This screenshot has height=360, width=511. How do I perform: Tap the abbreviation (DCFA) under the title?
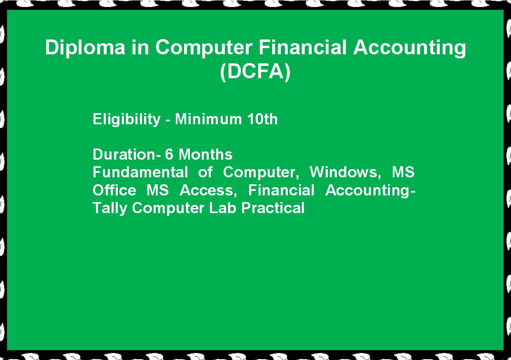[255, 72]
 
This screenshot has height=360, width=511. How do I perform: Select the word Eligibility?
[126, 119]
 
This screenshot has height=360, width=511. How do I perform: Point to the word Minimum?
[208, 119]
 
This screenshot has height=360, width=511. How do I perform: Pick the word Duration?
[124, 154]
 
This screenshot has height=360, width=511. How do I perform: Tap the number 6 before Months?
[169, 154]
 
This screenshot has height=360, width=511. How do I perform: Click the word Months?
[205, 154]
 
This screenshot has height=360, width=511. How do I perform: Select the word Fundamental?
[140, 172]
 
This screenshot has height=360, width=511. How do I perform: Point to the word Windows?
[345, 172]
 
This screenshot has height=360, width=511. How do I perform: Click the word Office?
[114, 190]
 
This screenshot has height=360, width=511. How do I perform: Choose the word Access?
[208, 190]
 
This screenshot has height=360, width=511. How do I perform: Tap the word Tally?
[109, 208]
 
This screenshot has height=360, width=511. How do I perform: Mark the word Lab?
[222, 208]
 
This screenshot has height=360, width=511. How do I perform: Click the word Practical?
[273, 208]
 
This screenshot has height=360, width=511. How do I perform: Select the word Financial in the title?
[303, 47]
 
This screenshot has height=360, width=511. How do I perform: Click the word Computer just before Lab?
[168, 208]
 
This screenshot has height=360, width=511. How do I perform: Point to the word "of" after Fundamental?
[205, 172]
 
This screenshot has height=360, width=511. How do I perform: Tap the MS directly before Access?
[158, 190]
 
